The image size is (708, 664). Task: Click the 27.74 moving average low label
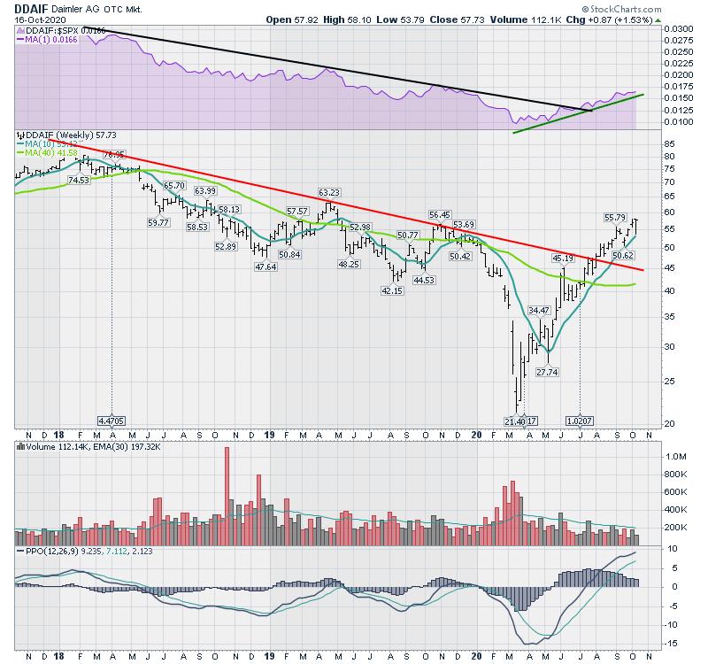pyautogui.click(x=548, y=372)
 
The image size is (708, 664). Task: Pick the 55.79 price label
pyautogui.click(x=616, y=217)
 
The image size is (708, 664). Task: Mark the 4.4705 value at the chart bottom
pyautogui.click(x=112, y=421)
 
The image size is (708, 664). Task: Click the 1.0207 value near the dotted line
pyautogui.click(x=580, y=421)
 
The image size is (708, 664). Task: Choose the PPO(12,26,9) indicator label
pyautogui.click(x=48, y=551)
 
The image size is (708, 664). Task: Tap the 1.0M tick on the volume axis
pyautogui.click(x=676, y=456)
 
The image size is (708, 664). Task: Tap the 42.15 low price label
pyautogui.click(x=392, y=290)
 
